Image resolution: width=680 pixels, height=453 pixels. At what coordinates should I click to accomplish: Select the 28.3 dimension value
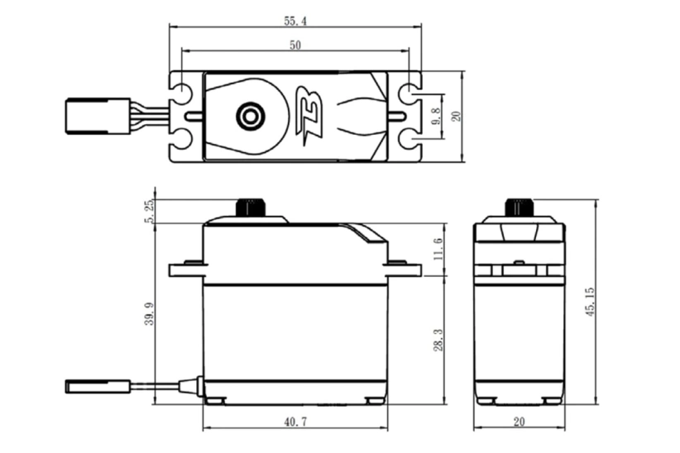[x=438, y=339]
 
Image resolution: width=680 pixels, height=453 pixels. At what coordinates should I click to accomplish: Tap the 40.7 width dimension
[x=295, y=422]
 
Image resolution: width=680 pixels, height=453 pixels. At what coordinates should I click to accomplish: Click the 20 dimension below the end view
[x=519, y=422]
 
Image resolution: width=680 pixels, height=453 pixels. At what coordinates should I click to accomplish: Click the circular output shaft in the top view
[x=247, y=116]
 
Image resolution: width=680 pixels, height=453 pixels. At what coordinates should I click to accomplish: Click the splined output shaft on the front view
[x=247, y=207]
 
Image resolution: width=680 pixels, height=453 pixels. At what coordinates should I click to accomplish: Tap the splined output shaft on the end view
[x=518, y=207]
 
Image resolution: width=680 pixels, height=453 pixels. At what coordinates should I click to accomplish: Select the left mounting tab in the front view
[x=186, y=269]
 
